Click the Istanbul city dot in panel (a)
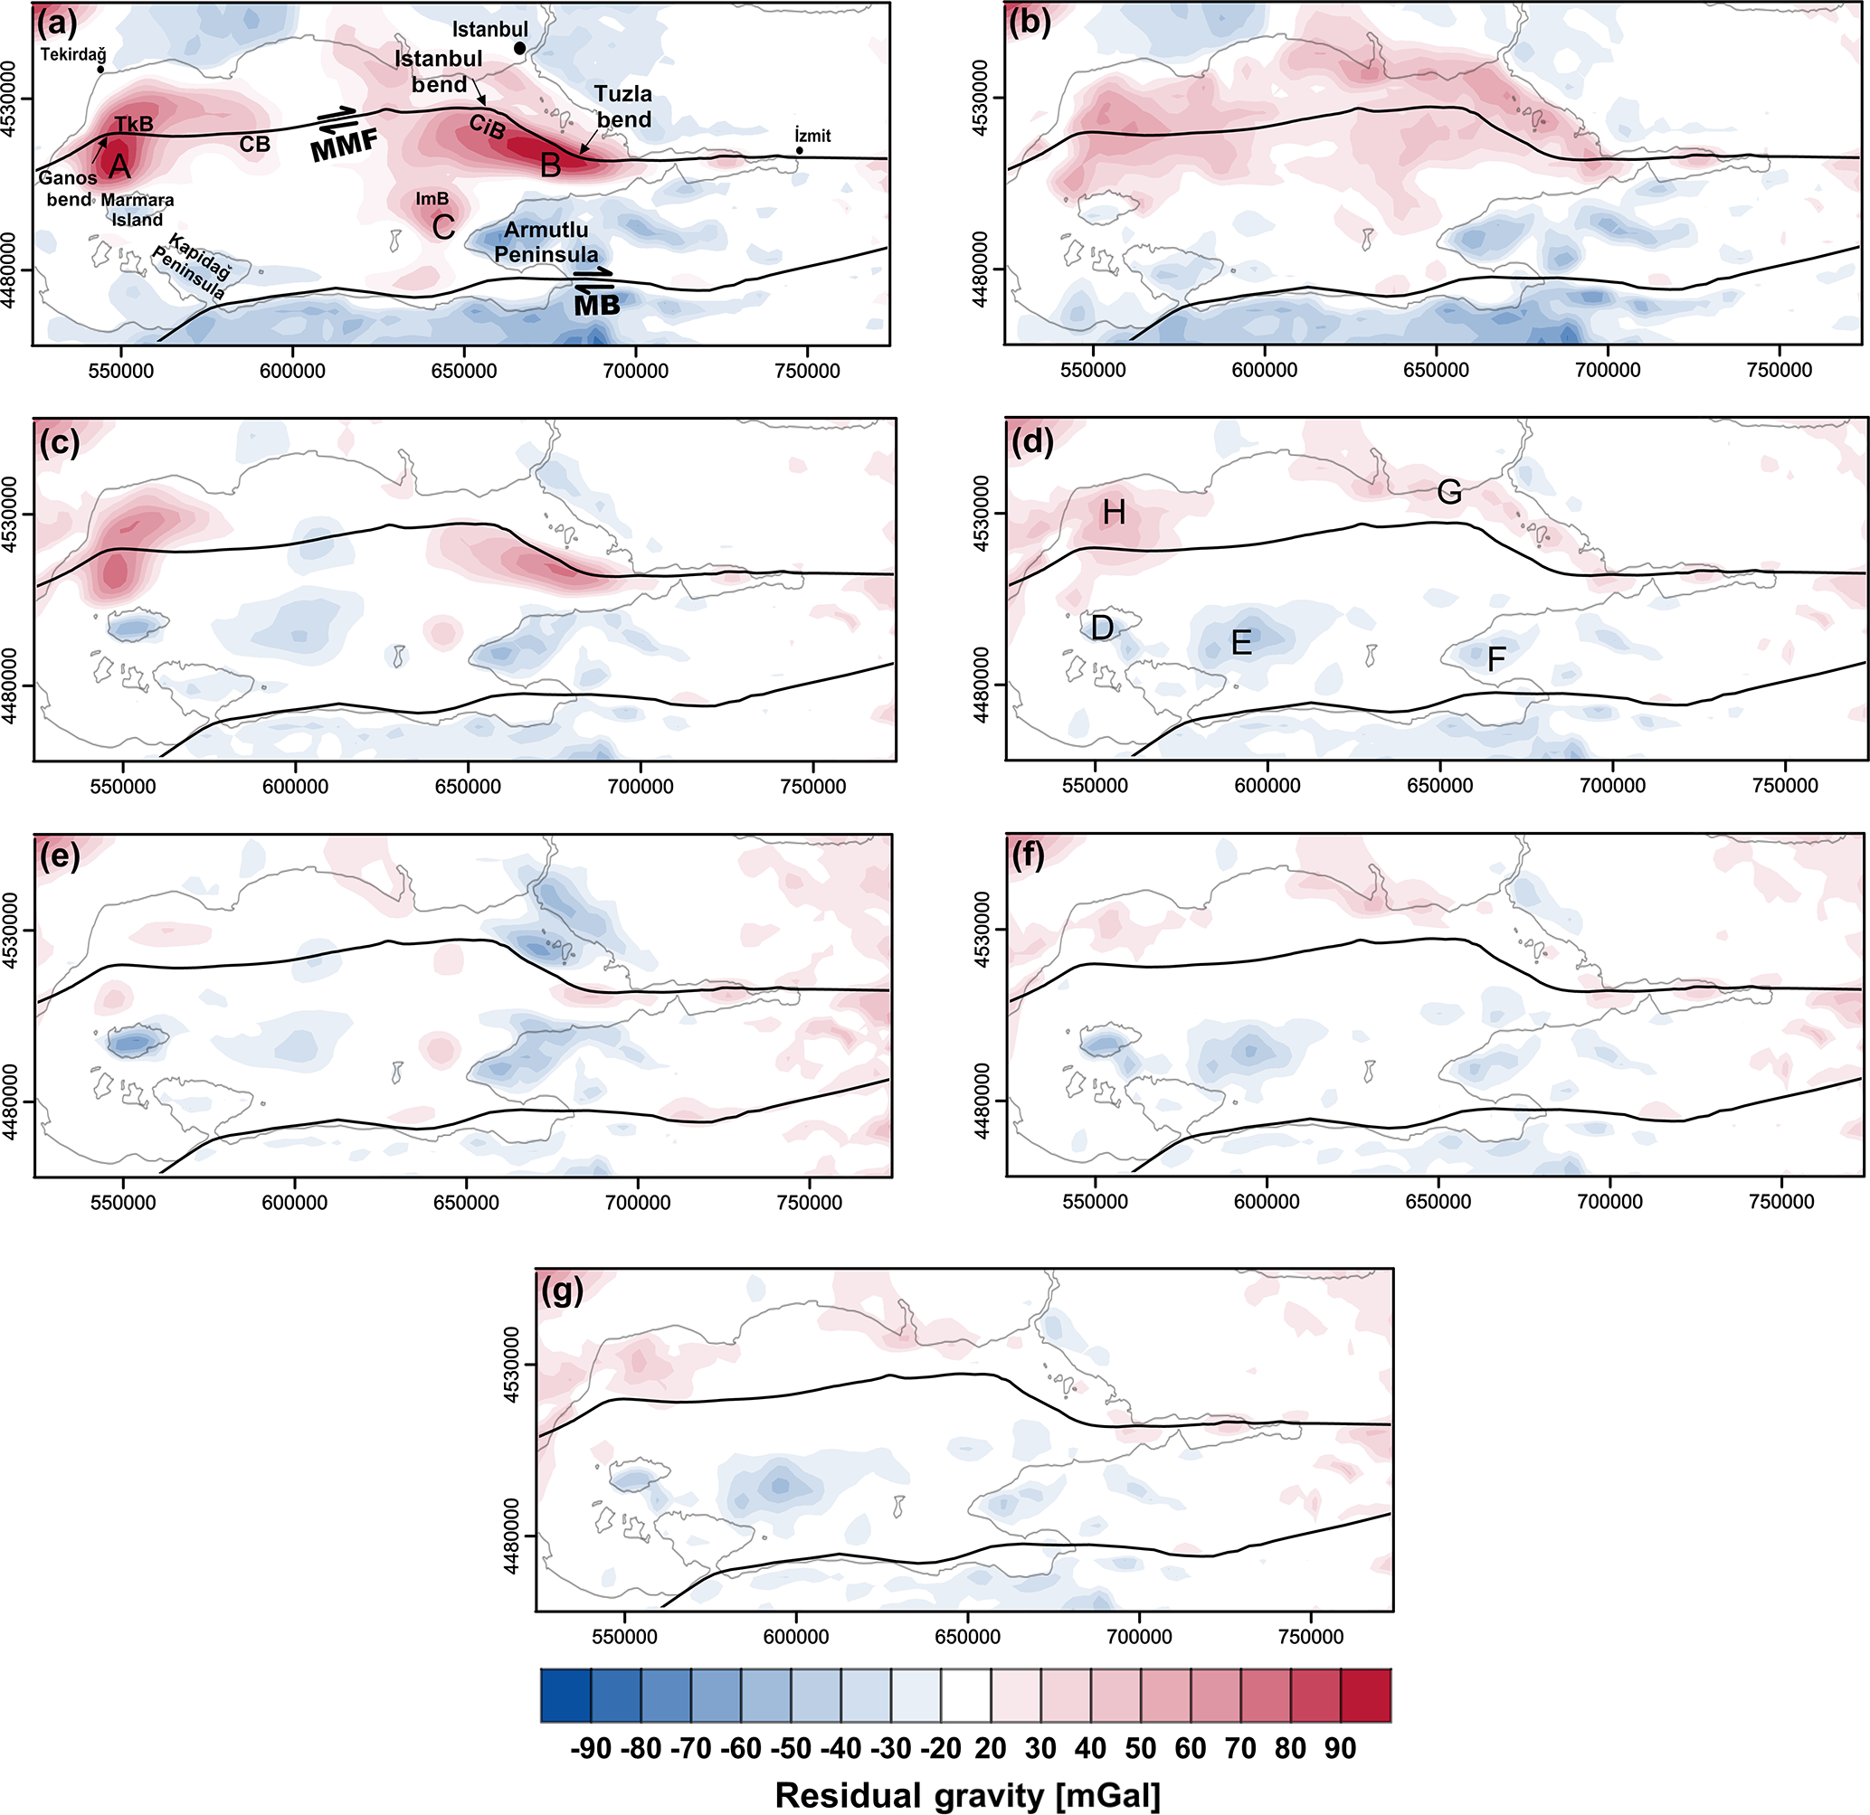coord(520,48)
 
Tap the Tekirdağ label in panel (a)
coord(73,54)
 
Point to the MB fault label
coord(596,305)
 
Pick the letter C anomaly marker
coord(443,227)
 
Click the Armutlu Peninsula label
coord(546,242)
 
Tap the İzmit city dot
coord(800,151)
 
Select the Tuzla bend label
coord(624,107)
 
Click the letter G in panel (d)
coord(1449,492)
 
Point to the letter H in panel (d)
coord(1114,513)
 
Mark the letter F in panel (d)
coord(1496,658)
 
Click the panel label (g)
coord(562,1291)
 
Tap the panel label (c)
coord(59,441)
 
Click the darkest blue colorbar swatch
coord(565,1695)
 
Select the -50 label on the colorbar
coord(790,1748)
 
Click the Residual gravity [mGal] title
coord(967,1795)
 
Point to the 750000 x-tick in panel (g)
coord(1310,1637)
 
